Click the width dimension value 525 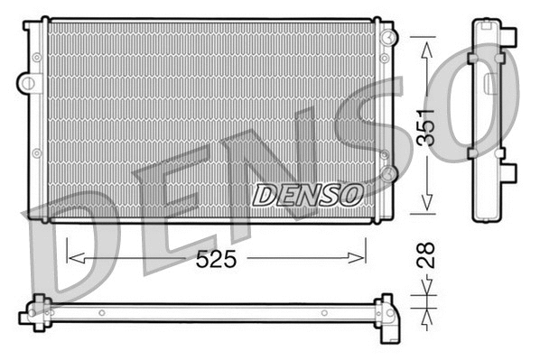(217, 259)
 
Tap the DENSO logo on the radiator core (307, 194)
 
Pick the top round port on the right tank (387, 37)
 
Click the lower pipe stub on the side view (511, 171)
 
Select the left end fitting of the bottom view (33, 310)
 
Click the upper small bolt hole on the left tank (37, 58)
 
